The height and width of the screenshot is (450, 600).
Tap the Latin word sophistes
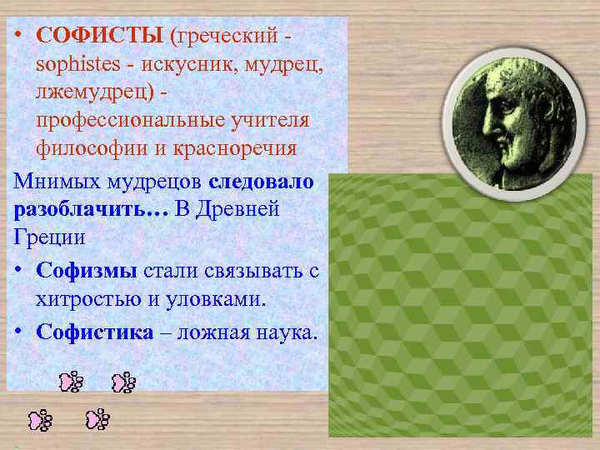tap(74, 65)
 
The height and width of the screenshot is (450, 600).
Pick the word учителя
tap(267, 120)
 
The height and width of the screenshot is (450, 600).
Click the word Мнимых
tap(52, 182)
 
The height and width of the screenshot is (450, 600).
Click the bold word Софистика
tap(95, 332)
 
